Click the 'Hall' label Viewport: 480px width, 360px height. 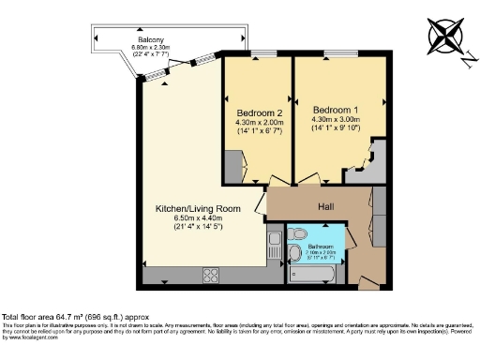(324, 205)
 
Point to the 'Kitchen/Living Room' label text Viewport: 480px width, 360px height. (198, 208)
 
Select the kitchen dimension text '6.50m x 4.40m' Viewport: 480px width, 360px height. (198, 217)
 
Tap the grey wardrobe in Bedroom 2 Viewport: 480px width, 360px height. (231, 166)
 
